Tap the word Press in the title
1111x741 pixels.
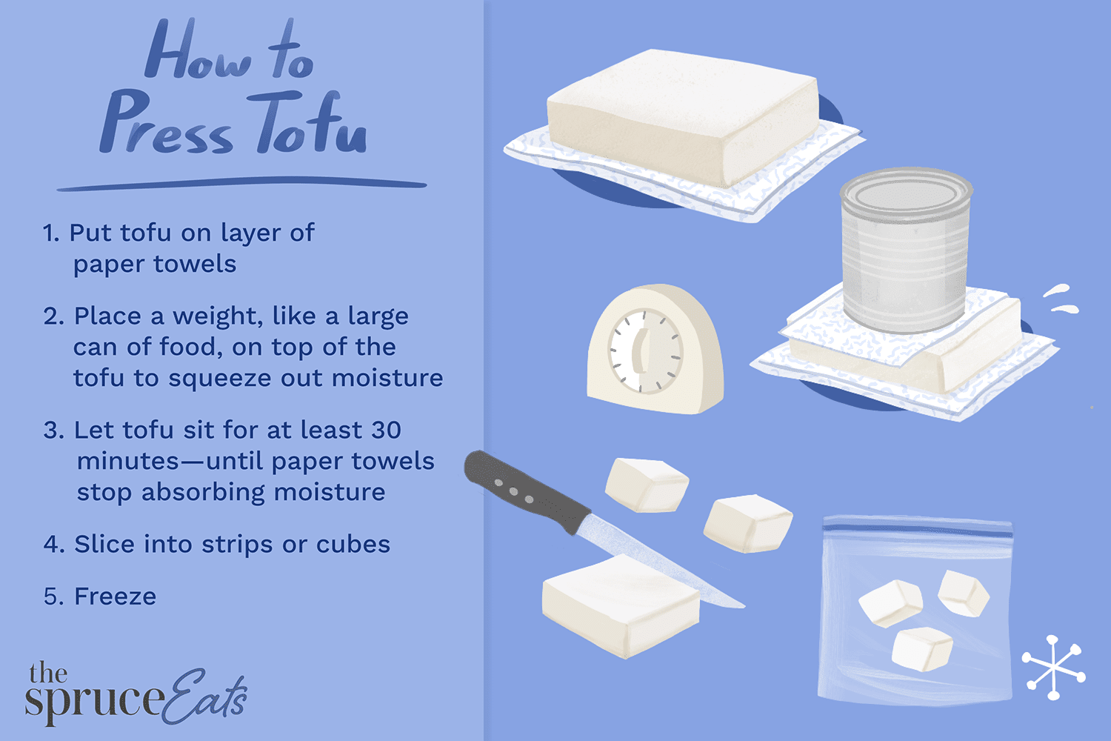167,124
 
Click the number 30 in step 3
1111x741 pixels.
386,430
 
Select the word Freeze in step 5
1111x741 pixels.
115,597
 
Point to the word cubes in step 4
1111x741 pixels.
353,545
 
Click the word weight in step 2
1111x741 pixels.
218,316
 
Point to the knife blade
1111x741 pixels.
652,559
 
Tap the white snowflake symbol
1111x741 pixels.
1053,667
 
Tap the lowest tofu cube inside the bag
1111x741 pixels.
921,648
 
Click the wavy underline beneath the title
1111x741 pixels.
241,183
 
